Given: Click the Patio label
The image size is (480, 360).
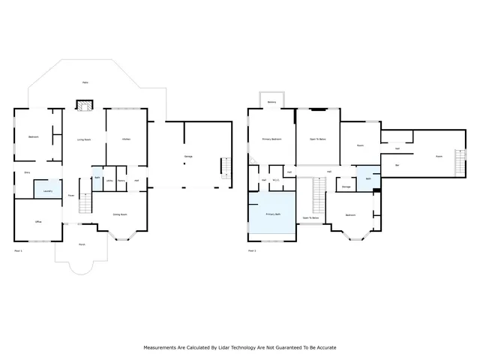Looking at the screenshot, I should (x=87, y=82).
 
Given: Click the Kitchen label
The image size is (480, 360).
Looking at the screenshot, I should (x=127, y=139).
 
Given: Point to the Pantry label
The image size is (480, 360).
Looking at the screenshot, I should (x=121, y=181).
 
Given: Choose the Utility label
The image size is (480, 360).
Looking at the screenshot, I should (x=109, y=181).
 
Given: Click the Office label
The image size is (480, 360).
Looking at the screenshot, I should (x=38, y=222).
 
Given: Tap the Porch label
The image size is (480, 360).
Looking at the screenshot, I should (x=81, y=244).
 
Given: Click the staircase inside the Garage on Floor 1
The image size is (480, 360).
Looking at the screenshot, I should (x=223, y=166).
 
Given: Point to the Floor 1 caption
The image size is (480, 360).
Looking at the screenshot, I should (x=19, y=250).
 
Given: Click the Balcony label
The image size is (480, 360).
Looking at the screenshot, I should (x=271, y=102).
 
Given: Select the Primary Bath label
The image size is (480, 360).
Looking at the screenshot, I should (x=272, y=214).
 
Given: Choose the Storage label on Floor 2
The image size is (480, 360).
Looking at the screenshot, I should (x=346, y=187).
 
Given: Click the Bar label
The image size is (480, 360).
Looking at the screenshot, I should (x=397, y=165).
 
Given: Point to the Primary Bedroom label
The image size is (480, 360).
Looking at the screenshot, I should (x=271, y=139).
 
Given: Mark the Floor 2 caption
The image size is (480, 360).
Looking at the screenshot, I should (x=252, y=250).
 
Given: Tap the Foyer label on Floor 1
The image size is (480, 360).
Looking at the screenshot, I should (x=71, y=196).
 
